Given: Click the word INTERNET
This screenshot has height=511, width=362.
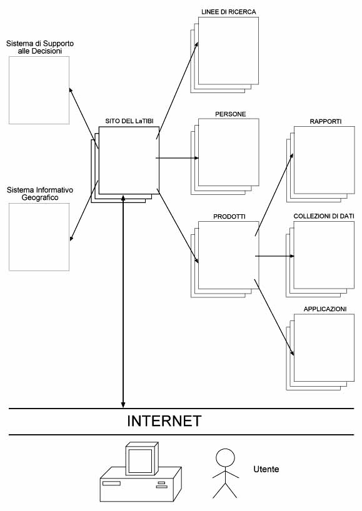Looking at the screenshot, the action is pyautogui.click(x=164, y=420).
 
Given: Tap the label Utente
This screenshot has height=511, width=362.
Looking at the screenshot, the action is pyautogui.click(x=266, y=469).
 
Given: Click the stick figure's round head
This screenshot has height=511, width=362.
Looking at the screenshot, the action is pyautogui.click(x=225, y=458).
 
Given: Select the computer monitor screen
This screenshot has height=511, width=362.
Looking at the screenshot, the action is pyautogui.click(x=140, y=461).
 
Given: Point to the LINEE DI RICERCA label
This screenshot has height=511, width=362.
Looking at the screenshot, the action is pyautogui.click(x=229, y=12).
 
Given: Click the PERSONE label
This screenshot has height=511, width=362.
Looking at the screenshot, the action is pyautogui.click(x=230, y=114).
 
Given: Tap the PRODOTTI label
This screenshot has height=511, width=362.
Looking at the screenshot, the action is pyautogui.click(x=229, y=216).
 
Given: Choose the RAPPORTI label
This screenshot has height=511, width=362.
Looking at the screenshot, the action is pyautogui.click(x=326, y=122).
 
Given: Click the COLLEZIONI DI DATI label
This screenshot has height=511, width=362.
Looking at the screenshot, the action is pyautogui.click(x=324, y=216).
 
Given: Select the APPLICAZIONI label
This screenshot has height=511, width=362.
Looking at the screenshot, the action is pyautogui.click(x=325, y=309).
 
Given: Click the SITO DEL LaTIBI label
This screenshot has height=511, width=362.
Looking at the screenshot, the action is pyautogui.click(x=129, y=121).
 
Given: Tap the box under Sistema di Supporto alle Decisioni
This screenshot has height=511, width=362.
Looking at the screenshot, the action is pyautogui.click(x=39, y=91).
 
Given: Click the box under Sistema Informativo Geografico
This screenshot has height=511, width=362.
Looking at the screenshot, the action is pyautogui.click(x=39, y=237).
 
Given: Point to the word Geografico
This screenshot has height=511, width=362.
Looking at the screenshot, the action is pyautogui.click(x=40, y=197).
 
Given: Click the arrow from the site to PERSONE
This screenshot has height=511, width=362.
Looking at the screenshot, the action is pyautogui.click(x=177, y=158).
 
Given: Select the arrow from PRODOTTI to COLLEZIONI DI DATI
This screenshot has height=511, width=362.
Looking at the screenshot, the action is pyautogui.click(x=274, y=256).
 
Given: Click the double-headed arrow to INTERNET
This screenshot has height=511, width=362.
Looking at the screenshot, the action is pyautogui.click(x=123, y=302).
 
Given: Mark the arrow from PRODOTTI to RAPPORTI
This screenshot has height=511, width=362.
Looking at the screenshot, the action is pyautogui.click(x=274, y=194).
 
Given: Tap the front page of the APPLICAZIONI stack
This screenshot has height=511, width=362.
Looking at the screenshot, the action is pyautogui.click(x=324, y=348).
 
